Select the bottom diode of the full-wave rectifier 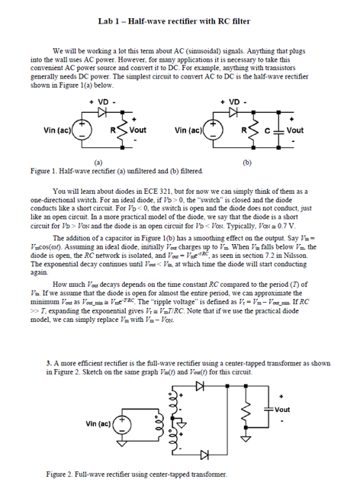pos(202,455)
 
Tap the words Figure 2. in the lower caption pos(59,474)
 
